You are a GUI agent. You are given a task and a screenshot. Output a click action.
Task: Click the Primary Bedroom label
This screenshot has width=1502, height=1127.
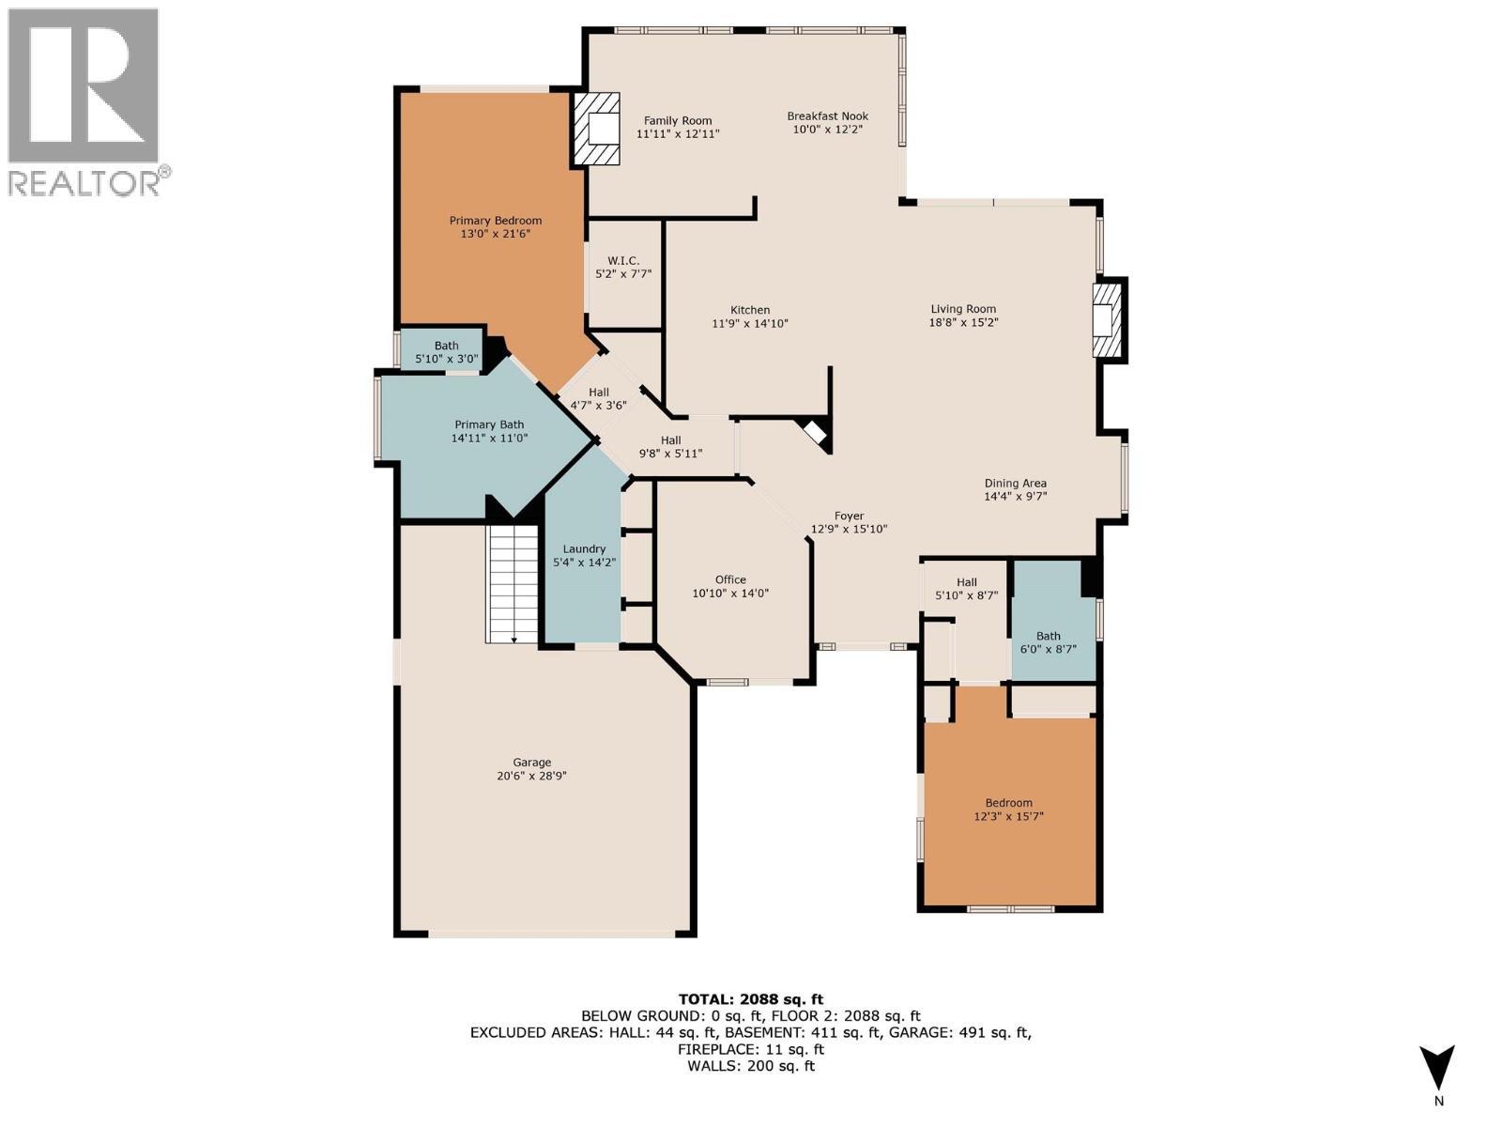point(495,221)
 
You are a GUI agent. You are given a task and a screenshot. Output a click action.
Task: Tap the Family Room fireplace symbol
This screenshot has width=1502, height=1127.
point(598,129)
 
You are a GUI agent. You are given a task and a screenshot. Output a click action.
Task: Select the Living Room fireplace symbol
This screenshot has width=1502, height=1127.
point(1108,319)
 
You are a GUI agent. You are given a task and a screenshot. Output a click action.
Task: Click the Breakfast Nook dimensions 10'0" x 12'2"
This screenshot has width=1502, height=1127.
point(827,130)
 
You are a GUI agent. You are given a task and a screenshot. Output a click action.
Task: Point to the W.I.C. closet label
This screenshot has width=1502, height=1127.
point(623,260)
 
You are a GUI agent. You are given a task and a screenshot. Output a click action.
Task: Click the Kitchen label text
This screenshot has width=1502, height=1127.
point(750,310)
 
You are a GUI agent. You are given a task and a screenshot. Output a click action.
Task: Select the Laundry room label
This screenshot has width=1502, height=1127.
point(584,549)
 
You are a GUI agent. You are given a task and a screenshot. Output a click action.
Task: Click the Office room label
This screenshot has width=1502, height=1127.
point(730,579)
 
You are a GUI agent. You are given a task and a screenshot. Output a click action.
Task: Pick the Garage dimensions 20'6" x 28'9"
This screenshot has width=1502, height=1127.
point(531,776)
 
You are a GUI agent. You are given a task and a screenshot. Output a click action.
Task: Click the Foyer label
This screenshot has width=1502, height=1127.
point(849,516)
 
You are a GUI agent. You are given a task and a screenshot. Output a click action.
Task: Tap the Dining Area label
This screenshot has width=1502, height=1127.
point(1015,483)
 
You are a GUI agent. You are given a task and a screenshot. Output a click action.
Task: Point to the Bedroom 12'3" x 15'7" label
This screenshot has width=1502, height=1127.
point(1008,802)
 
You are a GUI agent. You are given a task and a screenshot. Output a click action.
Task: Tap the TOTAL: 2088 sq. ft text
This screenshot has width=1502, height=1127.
point(750,999)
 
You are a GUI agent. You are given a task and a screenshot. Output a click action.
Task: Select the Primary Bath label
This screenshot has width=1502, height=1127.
point(489,425)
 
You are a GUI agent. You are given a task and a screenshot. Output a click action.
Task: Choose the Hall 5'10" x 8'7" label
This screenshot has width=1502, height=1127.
point(966,582)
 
